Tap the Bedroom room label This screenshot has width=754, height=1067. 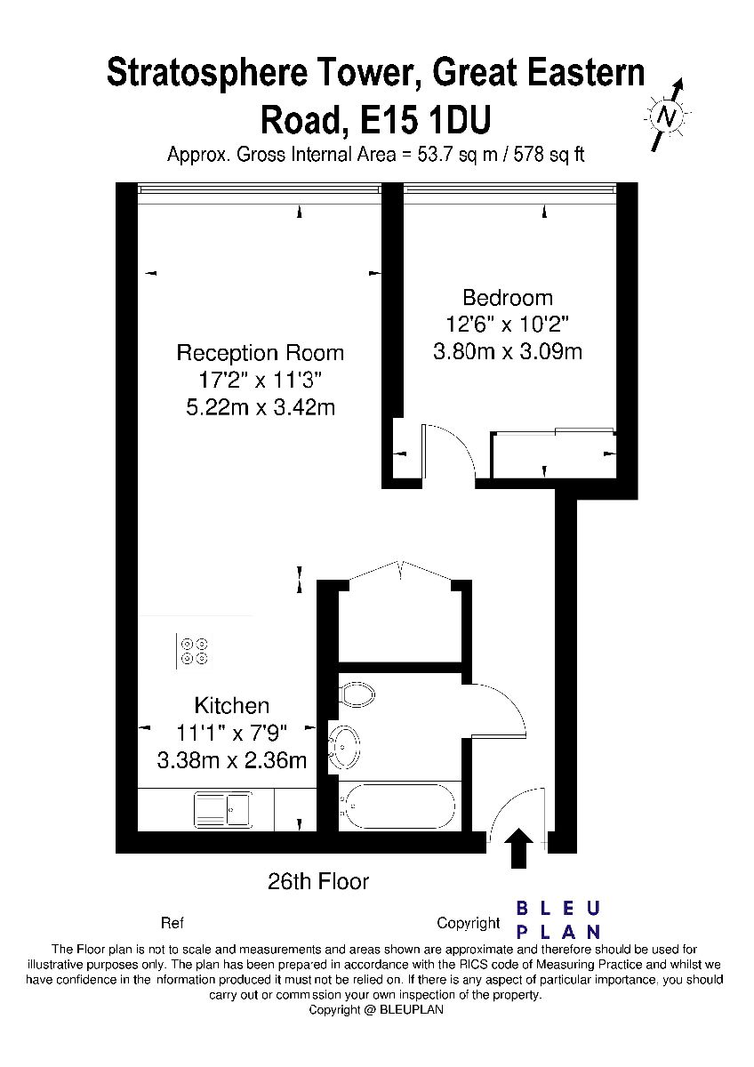click(x=508, y=298)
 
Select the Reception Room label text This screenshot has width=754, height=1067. click(x=260, y=353)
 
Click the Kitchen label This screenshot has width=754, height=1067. click(x=232, y=705)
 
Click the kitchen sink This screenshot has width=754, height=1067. click(x=222, y=809)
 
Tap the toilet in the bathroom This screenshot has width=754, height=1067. click(x=357, y=695)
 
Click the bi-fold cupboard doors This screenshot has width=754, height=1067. click(x=401, y=570)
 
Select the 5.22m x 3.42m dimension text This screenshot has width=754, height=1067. click(x=260, y=408)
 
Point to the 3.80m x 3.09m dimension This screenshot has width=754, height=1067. click(x=508, y=352)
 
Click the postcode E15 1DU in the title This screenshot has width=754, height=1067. click(x=425, y=121)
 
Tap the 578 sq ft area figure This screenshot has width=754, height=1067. click(x=549, y=155)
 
